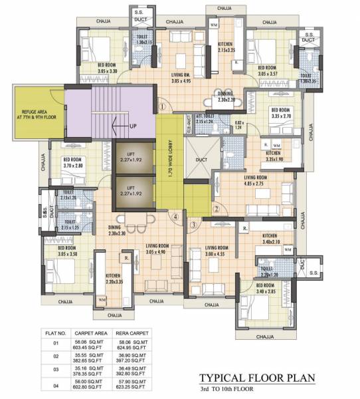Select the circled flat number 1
(x=162, y=104)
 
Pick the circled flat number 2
(x=216, y=207)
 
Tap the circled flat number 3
(x=193, y=224)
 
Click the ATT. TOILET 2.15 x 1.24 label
(x=200, y=120)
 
